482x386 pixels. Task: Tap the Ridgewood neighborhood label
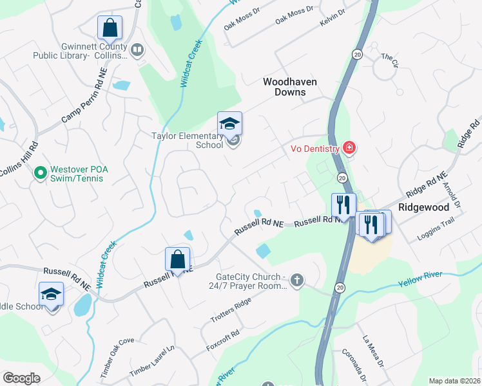423,208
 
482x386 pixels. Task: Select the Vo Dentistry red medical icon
349,149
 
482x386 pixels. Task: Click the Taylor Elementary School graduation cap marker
229,124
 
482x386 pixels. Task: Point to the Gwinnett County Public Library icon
137,50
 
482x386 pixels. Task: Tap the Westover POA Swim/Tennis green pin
40,172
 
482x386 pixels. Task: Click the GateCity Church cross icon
296,279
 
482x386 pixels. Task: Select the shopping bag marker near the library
110,28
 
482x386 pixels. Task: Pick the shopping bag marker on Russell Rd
178,259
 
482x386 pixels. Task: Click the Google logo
22,378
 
